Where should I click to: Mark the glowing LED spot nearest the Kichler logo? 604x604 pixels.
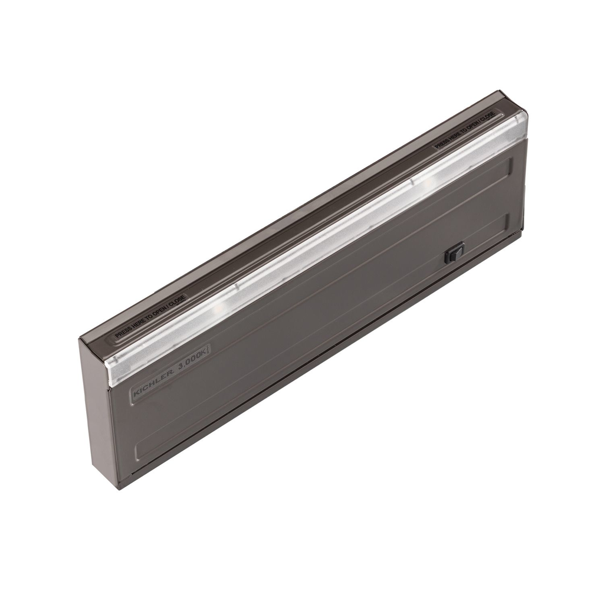222,306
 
